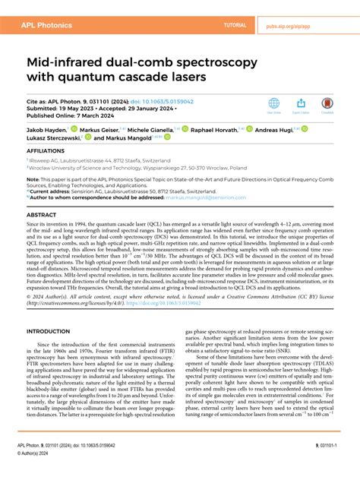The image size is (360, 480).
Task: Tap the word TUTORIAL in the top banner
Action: click(235, 25)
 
